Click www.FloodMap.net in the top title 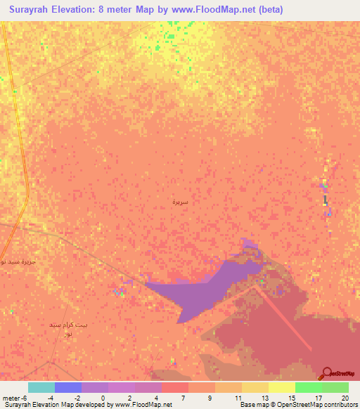(214, 10)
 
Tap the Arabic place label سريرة (181, 202)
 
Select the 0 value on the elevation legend (103, 397)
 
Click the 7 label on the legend (182, 397)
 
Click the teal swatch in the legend (41, 387)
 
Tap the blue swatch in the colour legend (68, 387)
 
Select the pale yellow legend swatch (282, 387)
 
